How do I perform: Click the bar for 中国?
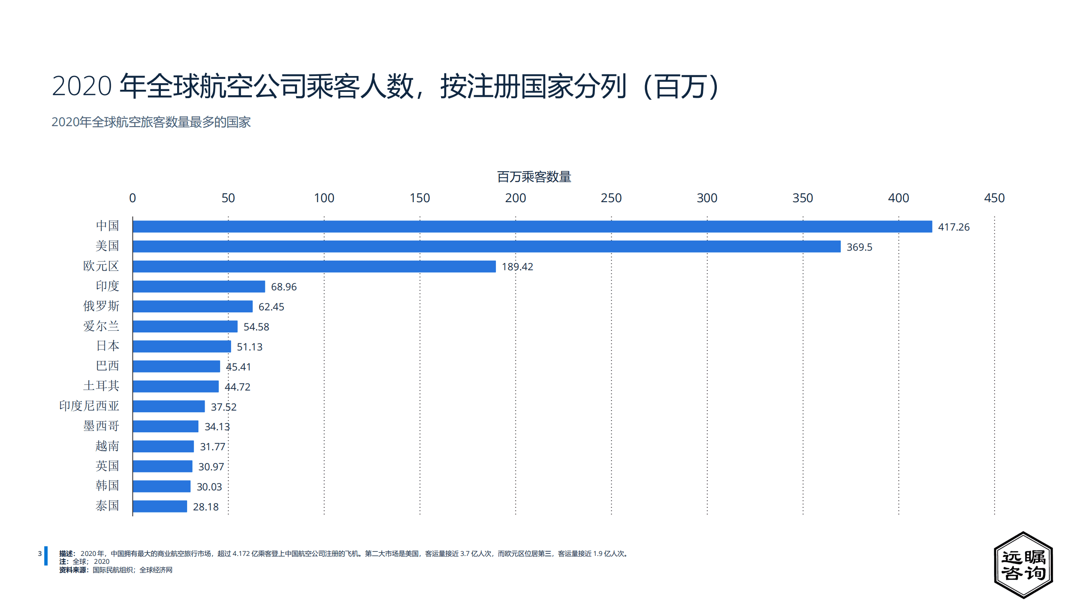532,226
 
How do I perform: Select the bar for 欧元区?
314,266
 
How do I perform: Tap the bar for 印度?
199,287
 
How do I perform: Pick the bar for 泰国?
160,506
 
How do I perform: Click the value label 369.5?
859,247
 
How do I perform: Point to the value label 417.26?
953,227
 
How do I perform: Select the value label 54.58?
256,327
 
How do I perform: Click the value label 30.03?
209,487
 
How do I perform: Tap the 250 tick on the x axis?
611,198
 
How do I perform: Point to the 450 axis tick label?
994,198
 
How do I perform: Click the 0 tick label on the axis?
132,198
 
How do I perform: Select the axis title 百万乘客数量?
534,177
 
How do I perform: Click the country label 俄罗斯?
101,306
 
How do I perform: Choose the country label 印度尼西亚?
89,406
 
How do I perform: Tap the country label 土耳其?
101,386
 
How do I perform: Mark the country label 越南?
107,446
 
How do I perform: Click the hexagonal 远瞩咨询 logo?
1023,565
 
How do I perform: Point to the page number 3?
40,553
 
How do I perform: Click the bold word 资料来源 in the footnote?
73,570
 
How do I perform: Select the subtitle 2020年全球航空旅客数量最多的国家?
151,122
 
